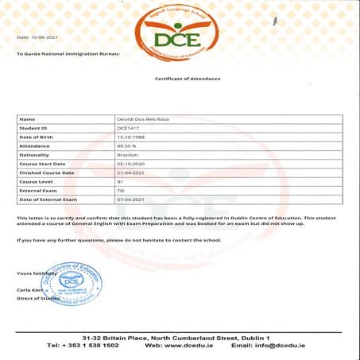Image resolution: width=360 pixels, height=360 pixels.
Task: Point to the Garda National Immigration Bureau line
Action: click(x=68, y=54)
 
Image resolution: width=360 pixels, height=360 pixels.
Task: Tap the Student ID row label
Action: click(x=35, y=126)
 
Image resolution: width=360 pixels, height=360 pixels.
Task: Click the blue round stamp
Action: click(x=72, y=283)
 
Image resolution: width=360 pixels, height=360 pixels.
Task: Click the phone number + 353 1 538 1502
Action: click(x=83, y=346)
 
